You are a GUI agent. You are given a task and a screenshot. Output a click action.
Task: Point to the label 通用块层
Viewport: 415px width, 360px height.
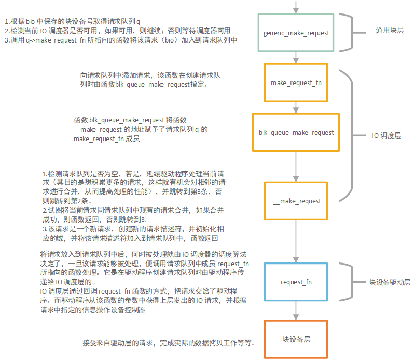[390, 30]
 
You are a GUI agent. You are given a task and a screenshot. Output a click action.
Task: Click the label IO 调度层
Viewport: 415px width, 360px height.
[386, 135]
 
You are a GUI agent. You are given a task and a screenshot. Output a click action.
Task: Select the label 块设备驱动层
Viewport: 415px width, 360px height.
[390, 282]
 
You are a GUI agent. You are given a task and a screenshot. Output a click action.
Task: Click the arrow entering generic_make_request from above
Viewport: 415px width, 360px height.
[296, 7]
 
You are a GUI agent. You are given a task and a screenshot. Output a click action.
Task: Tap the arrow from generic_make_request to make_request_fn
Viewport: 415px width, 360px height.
[296, 58]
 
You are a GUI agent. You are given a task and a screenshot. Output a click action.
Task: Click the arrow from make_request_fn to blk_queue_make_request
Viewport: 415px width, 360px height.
[296, 107]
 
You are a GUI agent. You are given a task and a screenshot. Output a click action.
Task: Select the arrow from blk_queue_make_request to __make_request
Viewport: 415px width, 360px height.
[296, 167]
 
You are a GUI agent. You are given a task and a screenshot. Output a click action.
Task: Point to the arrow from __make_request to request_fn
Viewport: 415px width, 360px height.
[296, 241]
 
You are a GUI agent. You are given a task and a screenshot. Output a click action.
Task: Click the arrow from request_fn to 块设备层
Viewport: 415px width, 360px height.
[296, 311]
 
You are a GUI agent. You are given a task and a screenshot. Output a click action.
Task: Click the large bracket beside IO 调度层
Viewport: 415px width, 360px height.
[352, 135]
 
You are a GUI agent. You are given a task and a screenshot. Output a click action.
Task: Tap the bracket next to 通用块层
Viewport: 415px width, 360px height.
[352, 33]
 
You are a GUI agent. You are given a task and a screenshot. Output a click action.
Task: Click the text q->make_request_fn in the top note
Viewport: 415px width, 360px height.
[56, 40]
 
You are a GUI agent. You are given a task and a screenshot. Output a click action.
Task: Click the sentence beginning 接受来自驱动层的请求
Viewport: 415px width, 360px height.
[169, 343]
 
